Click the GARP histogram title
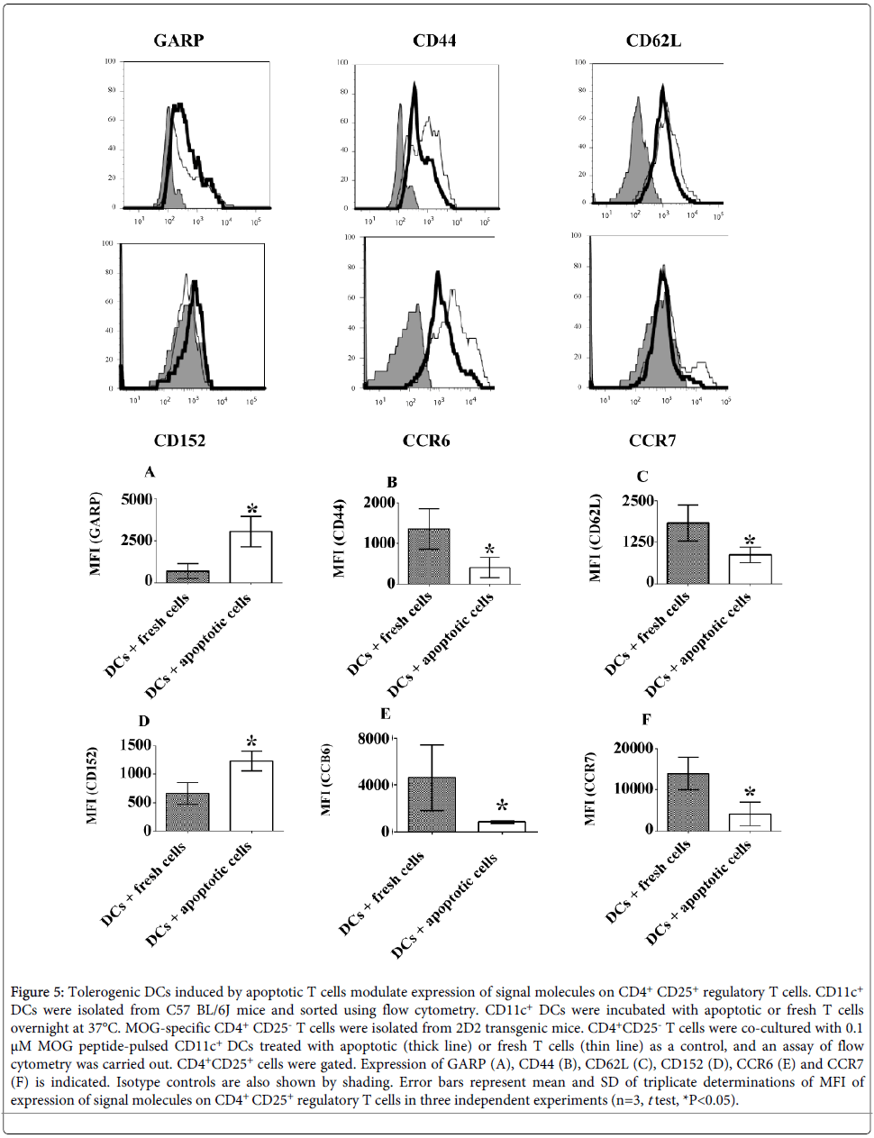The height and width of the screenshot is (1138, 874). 178,41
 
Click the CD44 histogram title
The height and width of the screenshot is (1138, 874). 434,41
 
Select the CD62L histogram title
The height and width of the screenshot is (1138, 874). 653,41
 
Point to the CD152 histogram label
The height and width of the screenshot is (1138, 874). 179,441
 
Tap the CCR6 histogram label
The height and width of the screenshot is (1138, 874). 426,441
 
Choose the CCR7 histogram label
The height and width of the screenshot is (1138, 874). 652,441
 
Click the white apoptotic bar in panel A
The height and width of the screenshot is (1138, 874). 250,557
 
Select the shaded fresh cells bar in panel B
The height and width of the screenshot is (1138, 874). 429,557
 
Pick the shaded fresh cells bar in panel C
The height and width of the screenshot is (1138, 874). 687,553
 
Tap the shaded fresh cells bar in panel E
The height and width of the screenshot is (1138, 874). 432,805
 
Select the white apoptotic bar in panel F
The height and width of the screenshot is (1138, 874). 750,822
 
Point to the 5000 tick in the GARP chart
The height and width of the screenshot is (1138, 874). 136,499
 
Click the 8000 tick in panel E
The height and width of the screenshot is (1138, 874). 374,739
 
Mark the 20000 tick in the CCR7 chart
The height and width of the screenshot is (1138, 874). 633,748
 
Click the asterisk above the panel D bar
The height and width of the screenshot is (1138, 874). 251,742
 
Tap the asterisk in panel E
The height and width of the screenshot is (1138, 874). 502,806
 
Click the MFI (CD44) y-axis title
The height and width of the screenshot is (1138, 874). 340,538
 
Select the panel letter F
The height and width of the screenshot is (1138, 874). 645,719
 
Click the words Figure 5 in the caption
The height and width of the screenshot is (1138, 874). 37,992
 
